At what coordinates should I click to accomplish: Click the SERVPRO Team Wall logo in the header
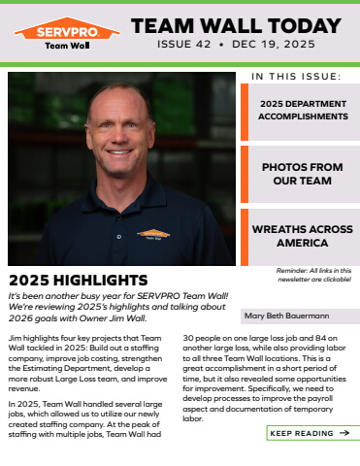coord(67,35)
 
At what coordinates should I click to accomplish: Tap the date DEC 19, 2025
coord(275,45)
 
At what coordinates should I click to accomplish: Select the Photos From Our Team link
coord(301,173)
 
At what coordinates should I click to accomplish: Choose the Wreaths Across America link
coord(301,236)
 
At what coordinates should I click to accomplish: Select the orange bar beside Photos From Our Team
coord(245,173)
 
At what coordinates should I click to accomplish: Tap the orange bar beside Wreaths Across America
coord(245,236)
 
